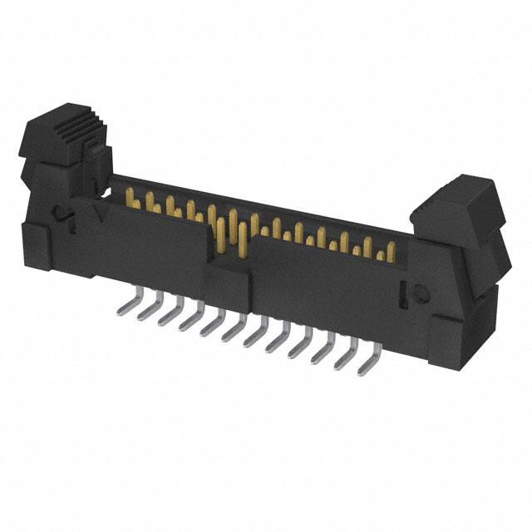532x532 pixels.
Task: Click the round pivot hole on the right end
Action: coord(421,292)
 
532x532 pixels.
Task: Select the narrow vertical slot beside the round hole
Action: coord(405,293)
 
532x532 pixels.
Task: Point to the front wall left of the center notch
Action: coord(154,241)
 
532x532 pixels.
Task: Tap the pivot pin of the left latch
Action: coord(60,214)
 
